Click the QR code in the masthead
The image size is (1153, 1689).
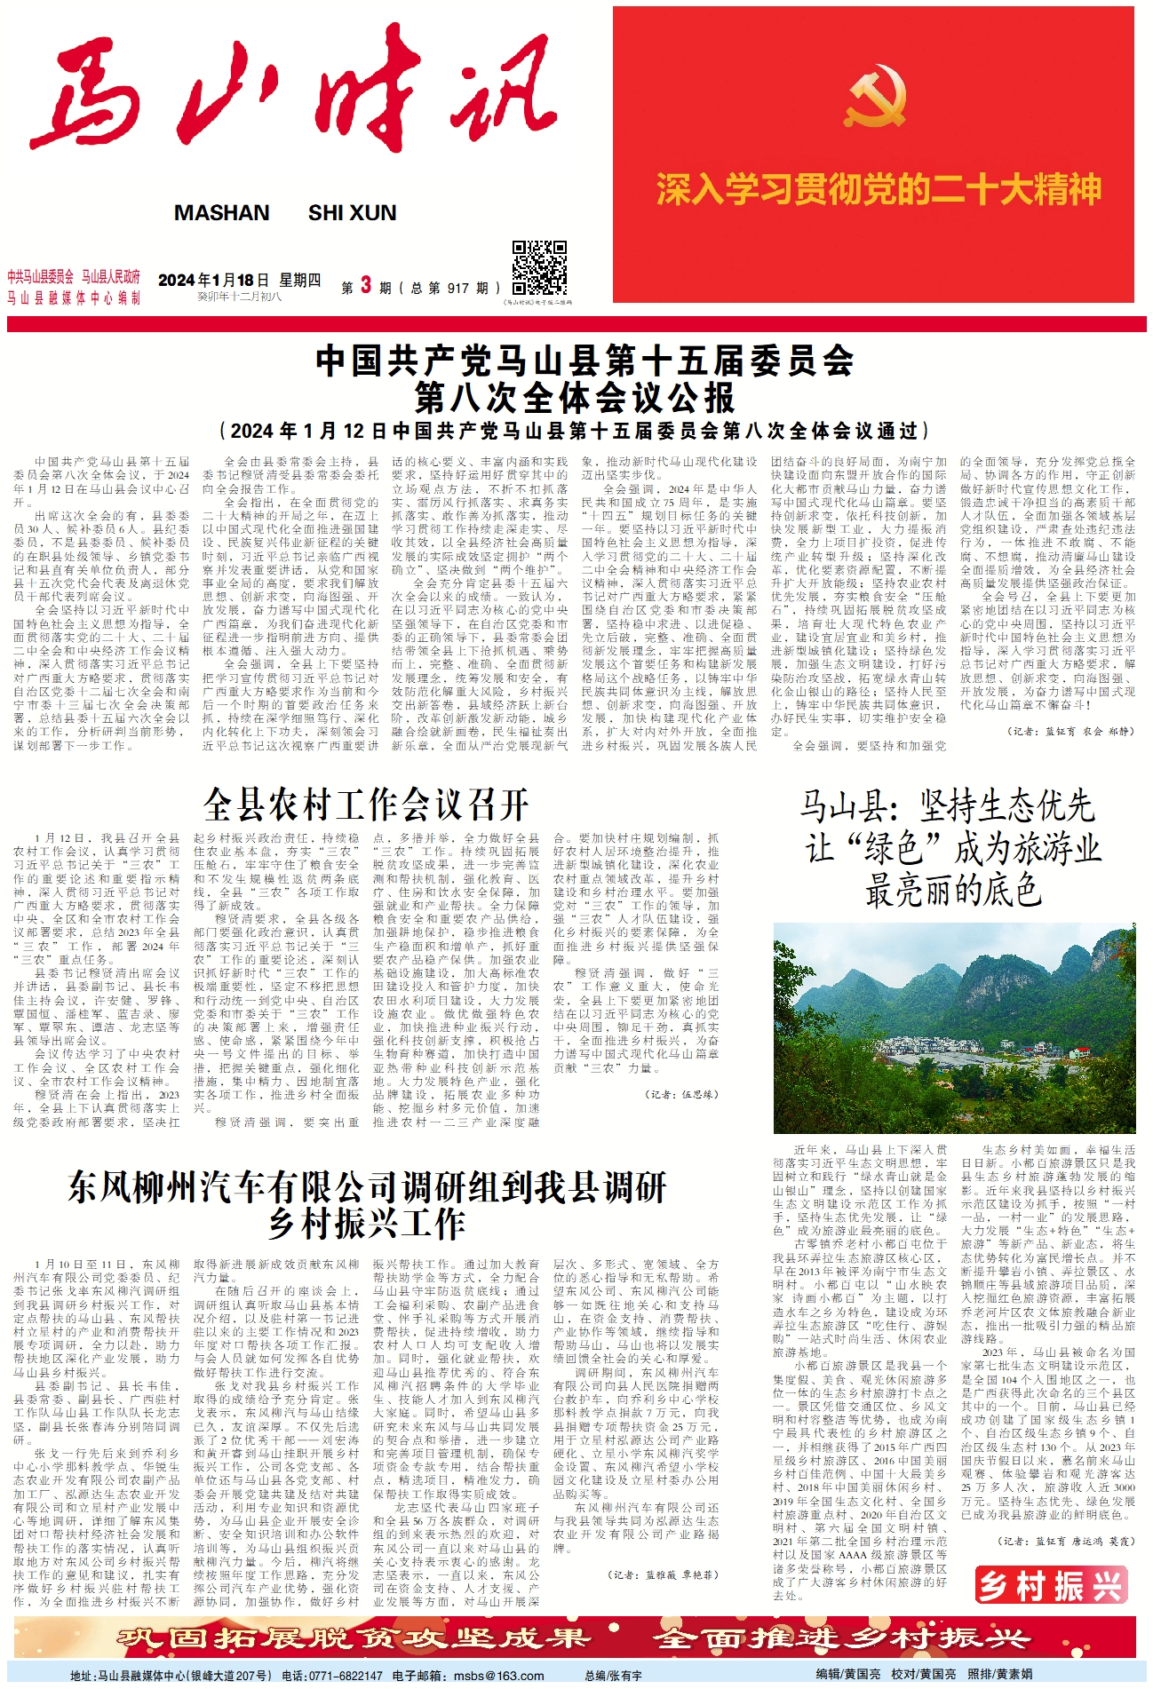pyautogui.click(x=539, y=268)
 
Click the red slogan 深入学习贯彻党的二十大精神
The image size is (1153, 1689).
pyautogui.click(x=878, y=189)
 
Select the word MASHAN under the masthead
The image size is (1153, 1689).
pyautogui.click(x=221, y=213)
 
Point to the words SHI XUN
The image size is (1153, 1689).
pyautogui.click(x=352, y=213)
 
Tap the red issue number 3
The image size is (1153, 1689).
pyautogui.click(x=365, y=286)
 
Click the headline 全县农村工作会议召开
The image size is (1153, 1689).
pyautogui.click(x=366, y=805)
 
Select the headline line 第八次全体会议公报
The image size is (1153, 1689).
pyautogui.click(x=576, y=398)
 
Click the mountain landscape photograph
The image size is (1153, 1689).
pyautogui.click(x=954, y=1027)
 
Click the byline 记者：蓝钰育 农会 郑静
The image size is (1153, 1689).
pyautogui.click(x=1070, y=731)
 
